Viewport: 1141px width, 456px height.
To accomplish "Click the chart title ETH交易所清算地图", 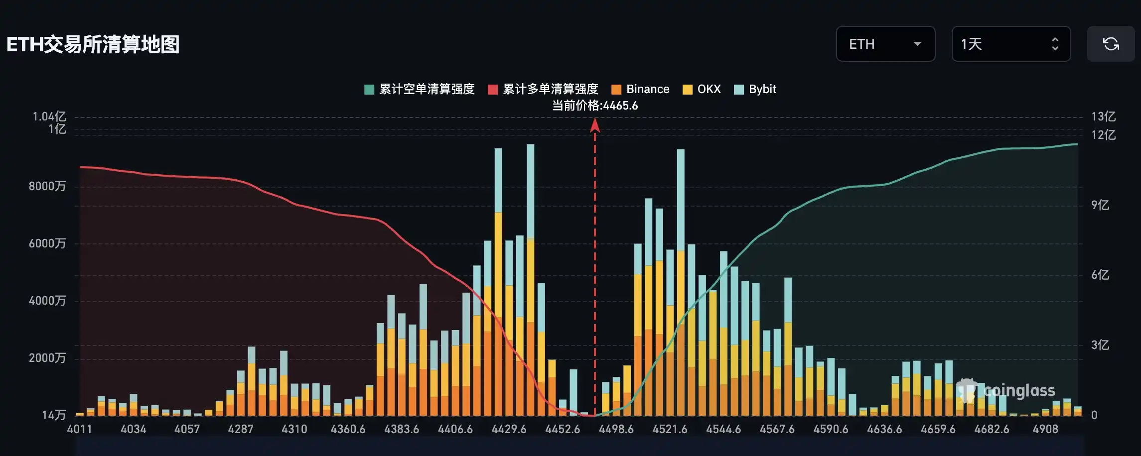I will (x=93, y=44).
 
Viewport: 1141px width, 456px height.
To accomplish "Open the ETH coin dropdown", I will (x=885, y=44).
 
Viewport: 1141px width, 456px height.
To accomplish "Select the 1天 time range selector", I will (x=1010, y=44).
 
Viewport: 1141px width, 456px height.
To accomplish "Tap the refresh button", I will (x=1111, y=44).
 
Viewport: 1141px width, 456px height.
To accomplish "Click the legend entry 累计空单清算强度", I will (x=420, y=89).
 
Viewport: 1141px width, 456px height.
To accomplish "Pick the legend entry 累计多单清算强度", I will (x=543, y=89).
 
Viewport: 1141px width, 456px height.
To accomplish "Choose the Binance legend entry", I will (x=640, y=89).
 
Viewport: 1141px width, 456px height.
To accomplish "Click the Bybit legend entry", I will (x=755, y=89).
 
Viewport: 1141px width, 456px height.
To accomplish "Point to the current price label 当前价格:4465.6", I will (x=594, y=106).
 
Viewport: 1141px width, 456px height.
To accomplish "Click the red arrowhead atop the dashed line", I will (x=594, y=125).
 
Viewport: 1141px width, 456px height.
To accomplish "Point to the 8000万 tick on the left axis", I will (x=47, y=186).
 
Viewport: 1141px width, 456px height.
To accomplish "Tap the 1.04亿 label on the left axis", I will (x=49, y=116).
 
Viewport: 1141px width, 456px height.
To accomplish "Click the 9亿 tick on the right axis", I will (x=1100, y=205).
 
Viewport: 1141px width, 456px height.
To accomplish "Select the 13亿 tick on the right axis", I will (x=1103, y=116).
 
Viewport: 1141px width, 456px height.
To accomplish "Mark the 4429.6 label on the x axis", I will (x=509, y=429).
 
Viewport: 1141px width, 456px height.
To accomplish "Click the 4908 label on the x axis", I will (x=1045, y=429).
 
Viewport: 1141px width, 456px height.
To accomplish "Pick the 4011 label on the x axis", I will (x=80, y=429).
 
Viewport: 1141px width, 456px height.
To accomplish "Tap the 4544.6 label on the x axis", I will (x=723, y=429).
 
